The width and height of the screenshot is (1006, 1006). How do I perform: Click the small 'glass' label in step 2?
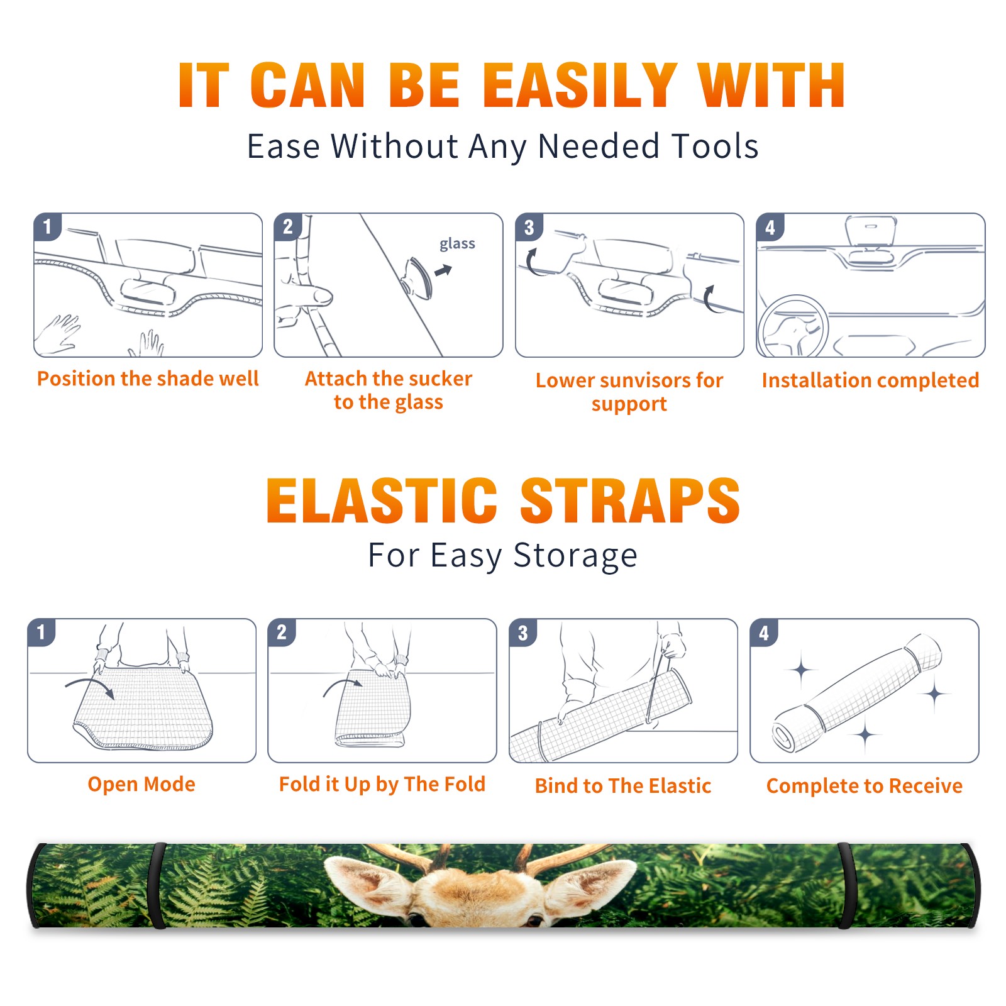[x=457, y=244]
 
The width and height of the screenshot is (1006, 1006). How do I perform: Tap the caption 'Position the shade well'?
[x=148, y=379]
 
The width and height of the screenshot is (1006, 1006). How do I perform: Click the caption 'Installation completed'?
[x=870, y=380]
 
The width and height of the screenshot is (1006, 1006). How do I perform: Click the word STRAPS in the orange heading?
[x=630, y=500]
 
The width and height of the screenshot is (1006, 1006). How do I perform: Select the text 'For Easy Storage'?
[x=503, y=556]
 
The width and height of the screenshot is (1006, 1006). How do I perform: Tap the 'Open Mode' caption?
[x=141, y=784]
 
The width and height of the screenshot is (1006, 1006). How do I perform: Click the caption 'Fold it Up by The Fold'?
[x=382, y=785]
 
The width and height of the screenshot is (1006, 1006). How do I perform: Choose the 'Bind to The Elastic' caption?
[x=623, y=786]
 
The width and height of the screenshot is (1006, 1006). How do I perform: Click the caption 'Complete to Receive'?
[x=865, y=786]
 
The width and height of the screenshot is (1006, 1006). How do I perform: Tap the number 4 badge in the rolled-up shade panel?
[x=764, y=633]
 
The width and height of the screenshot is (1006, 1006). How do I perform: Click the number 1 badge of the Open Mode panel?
[x=41, y=632]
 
